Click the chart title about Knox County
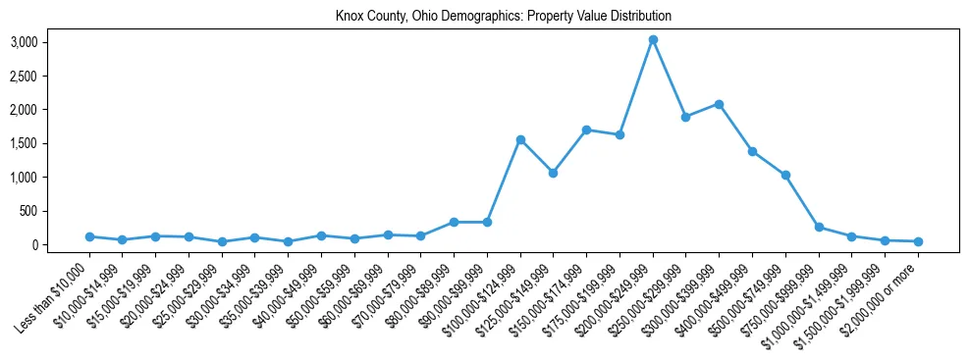503,17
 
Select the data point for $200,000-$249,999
653,40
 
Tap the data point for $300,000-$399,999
720,104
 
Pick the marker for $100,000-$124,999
520,139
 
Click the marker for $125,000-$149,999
554,173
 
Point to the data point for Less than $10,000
89,236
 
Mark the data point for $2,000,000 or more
918,241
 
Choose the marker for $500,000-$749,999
785,176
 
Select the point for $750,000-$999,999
819,227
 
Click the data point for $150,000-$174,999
586,130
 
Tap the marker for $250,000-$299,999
686,117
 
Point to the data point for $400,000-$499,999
752,152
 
